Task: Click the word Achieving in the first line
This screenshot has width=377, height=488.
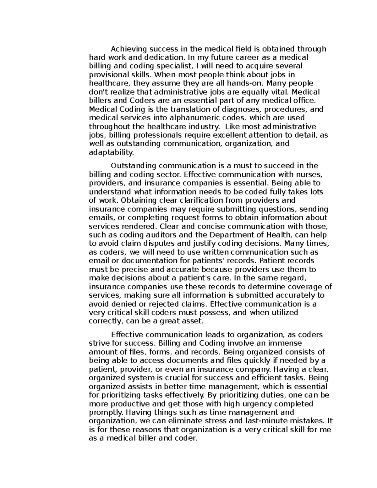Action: (x=129, y=49)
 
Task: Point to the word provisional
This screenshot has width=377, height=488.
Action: (x=107, y=75)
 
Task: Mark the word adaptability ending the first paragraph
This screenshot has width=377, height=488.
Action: (x=111, y=152)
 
